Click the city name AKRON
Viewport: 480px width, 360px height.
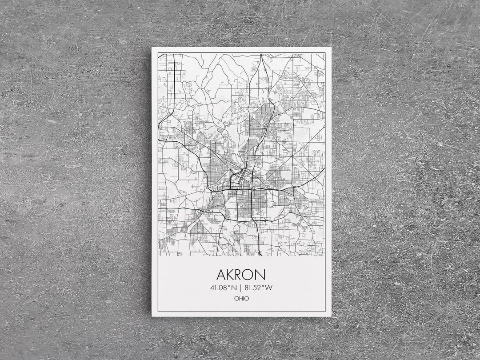241,274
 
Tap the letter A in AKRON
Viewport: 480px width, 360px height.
221,274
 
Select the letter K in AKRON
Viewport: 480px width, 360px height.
231,274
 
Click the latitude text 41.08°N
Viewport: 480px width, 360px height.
224,288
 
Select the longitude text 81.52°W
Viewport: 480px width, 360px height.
258,288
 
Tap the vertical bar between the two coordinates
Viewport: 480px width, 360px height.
240,288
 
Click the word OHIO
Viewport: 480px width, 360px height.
241,299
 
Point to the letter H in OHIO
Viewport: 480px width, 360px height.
240,299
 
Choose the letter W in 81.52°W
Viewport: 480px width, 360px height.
268,288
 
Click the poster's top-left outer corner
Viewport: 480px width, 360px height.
152,47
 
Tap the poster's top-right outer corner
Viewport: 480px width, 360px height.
331,47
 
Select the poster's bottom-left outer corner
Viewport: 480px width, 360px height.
152,316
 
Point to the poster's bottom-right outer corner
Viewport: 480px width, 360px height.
331,316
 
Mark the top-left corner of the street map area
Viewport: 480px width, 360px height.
159,54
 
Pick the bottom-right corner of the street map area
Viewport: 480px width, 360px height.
324,256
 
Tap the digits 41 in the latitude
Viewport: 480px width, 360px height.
213,288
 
